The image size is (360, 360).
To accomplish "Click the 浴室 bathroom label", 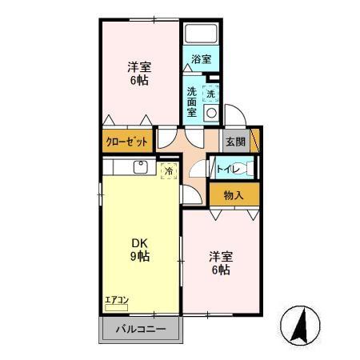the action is tap(202, 59).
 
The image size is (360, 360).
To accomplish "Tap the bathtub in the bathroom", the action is tap(201, 34).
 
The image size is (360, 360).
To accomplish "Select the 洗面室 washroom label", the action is tap(192, 102).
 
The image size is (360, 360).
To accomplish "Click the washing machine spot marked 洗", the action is tap(210, 94).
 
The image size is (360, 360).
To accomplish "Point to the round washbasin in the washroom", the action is tap(211, 113).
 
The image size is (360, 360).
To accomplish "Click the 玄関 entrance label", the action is tap(235, 142).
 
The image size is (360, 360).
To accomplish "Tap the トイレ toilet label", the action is tap(227, 169).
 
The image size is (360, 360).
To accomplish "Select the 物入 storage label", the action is tap(234, 195).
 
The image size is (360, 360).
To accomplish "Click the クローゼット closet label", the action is tap(127, 142).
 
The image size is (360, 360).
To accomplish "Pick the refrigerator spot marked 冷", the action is tap(169, 171).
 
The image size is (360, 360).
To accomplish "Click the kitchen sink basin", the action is tap(141, 167).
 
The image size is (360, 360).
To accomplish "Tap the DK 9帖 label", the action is tap(140, 250).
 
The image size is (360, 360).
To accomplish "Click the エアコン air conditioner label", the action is tap(117, 300).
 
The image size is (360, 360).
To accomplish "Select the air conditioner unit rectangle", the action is tap(116, 308).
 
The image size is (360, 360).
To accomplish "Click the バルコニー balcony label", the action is tap(141, 329).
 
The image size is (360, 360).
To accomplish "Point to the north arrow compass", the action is tap(301, 326).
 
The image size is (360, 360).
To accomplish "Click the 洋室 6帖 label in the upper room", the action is tap(139, 74).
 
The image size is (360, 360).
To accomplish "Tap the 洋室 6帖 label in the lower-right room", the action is tap(221, 263).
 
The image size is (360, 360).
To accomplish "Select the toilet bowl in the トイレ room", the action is tap(245, 169).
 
